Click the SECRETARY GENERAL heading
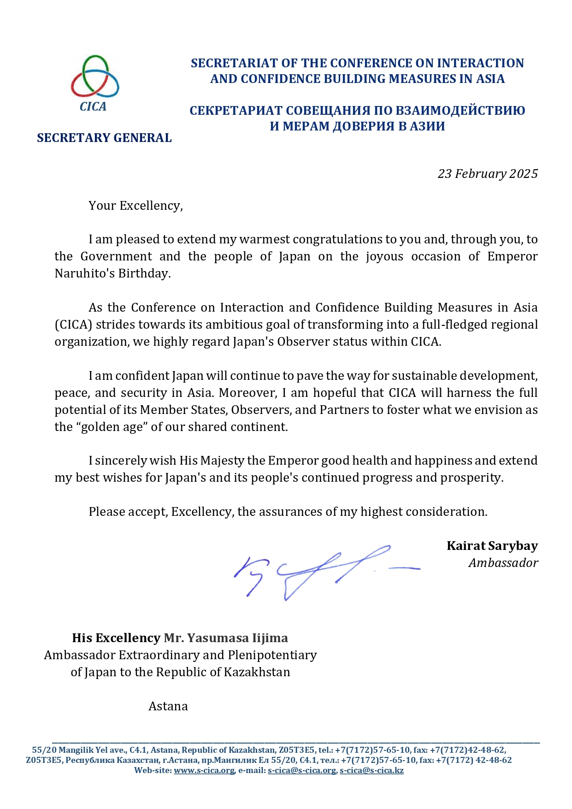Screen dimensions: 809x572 coord(104,138)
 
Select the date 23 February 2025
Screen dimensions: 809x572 coord(488,174)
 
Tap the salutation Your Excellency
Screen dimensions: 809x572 coord(136,206)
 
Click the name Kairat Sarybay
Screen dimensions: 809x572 coord(492,546)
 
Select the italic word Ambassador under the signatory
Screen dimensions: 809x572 coord(503,563)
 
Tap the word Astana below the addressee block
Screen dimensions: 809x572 coord(168,706)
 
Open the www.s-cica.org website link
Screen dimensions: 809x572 coord(204,770)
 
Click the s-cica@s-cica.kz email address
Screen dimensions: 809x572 coord(372,770)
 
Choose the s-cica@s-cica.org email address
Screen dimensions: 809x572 coord(302,770)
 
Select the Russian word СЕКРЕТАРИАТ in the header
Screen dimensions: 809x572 coord(235,111)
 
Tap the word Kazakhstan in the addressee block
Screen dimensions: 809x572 coord(257,672)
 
